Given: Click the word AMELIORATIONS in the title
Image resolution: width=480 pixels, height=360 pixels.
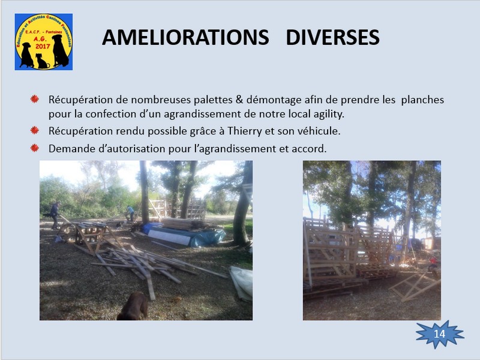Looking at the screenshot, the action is [x=185, y=37].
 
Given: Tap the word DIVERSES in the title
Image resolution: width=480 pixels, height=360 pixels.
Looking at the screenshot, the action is [x=333, y=37].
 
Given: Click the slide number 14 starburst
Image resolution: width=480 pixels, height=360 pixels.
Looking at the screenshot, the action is [x=440, y=334].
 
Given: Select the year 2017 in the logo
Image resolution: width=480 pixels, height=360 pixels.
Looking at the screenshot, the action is [x=43, y=46].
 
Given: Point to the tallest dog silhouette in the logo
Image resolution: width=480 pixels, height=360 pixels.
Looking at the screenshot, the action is [x=61, y=50].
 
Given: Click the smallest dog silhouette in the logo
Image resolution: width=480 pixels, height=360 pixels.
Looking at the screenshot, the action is [x=42, y=61].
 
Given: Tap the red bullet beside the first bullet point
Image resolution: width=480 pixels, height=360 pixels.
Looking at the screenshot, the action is [x=35, y=99].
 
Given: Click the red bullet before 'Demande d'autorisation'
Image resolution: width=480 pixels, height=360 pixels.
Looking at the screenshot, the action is [x=35, y=148].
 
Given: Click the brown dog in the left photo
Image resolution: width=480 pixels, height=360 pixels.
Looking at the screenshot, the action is [x=133, y=307].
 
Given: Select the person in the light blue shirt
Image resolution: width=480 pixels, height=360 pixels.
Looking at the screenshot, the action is [x=130, y=213].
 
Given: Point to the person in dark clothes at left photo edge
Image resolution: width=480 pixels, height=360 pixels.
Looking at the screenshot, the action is [x=55, y=215].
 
